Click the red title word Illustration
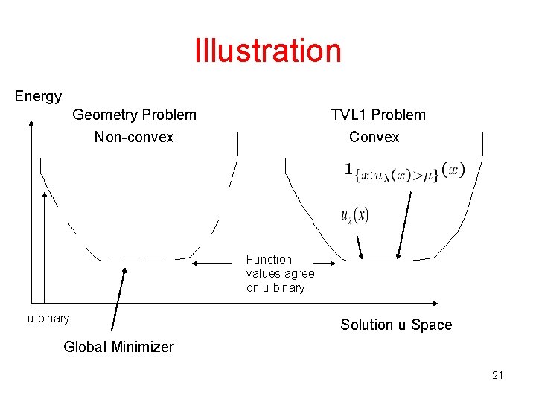pos(268,51)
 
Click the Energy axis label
pos(38,96)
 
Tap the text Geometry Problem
pos(134,115)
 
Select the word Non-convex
pos(134,137)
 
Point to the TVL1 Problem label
pos(378,115)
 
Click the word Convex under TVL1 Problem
pos(374,137)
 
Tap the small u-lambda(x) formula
pos(354,216)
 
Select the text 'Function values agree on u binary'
pos(280,273)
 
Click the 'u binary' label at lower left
pos(48,319)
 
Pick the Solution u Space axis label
pos(396,325)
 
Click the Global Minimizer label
pos(118,347)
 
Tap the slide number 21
pos(497,375)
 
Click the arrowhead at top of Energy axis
pos(31,124)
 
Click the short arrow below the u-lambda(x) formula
pos(360,246)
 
